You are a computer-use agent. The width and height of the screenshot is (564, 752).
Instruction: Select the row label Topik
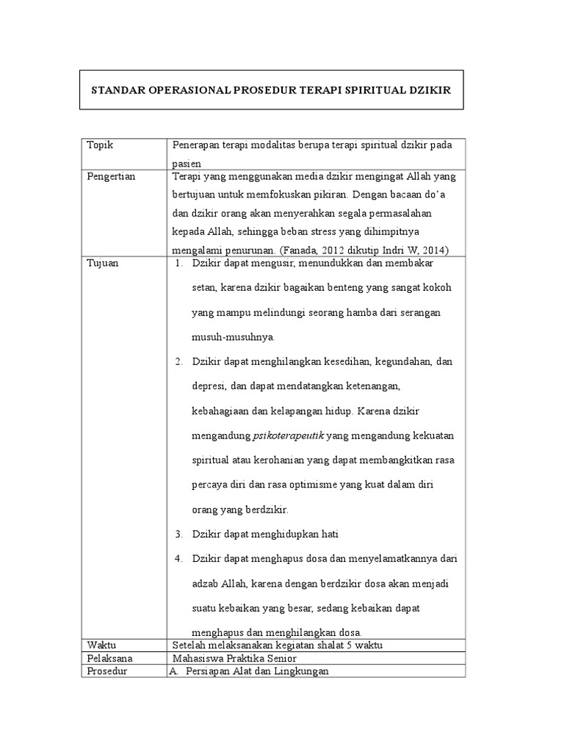click(x=100, y=145)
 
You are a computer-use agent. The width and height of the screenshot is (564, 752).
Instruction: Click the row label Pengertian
click(x=111, y=177)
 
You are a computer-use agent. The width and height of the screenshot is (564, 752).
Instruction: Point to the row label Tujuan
click(x=102, y=262)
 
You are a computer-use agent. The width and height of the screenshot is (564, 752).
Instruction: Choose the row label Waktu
click(x=101, y=645)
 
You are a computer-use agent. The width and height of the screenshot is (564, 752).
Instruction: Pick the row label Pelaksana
click(x=109, y=658)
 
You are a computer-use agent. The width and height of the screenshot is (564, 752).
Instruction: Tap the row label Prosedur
click(x=107, y=671)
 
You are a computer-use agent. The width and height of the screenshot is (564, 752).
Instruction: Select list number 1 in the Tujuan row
click(x=178, y=262)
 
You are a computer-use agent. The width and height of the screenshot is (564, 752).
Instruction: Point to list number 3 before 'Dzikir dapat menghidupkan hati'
click(x=178, y=534)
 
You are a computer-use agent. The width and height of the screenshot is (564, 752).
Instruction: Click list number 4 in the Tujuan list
click(x=178, y=559)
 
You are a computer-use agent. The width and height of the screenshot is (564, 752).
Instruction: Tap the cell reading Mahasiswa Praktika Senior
click(x=234, y=658)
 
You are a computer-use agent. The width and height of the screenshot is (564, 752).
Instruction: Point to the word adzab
click(x=207, y=584)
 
